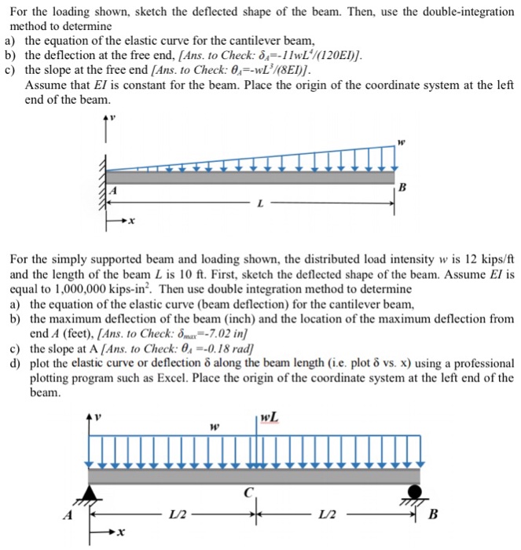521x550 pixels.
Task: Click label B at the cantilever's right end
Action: tap(403, 188)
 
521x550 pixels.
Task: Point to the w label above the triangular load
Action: tap(400, 144)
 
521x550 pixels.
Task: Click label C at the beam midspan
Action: tap(249, 493)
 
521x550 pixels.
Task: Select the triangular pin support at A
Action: tap(93, 494)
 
